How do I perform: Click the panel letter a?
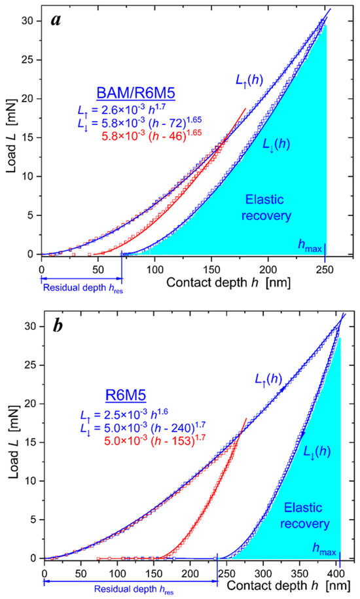56,20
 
